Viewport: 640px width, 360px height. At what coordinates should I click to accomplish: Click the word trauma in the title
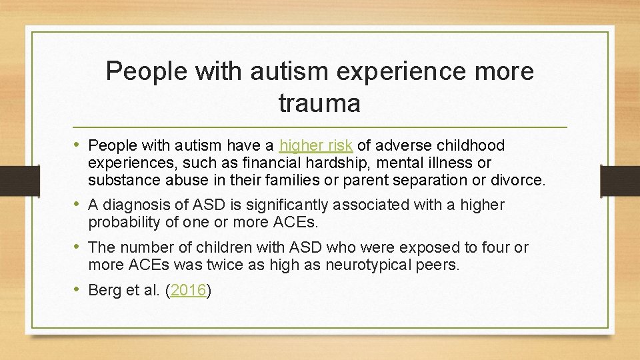(x=319, y=103)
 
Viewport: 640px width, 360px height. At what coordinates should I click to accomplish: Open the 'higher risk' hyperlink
(x=317, y=145)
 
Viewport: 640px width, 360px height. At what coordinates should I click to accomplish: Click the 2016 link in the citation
(x=189, y=291)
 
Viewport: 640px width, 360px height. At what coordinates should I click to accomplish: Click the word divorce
(x=522, y=180)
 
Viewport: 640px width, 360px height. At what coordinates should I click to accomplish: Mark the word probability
(x=123, y=222)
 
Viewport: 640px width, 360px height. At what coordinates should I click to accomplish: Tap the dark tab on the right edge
(x=620, y=179)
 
